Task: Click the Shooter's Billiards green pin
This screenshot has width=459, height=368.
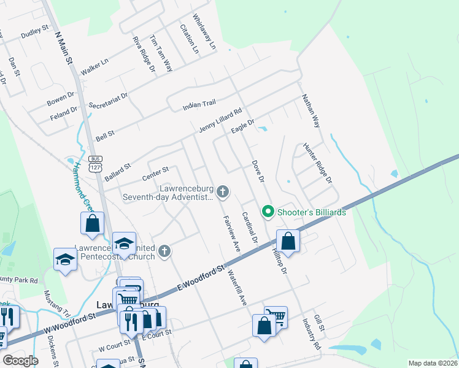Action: [268, 212]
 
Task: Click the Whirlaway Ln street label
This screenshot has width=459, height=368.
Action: [204, 33]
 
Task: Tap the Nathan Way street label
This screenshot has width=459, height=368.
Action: [310, 110]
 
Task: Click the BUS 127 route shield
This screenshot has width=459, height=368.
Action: [95, 163]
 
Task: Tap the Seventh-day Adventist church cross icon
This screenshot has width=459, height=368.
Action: [223, 193]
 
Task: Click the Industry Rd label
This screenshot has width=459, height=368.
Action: [312, 334]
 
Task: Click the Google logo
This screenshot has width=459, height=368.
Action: [21, 361]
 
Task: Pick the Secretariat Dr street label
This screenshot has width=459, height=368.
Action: [108, 101]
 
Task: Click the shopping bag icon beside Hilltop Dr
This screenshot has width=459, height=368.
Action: [288, 240]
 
